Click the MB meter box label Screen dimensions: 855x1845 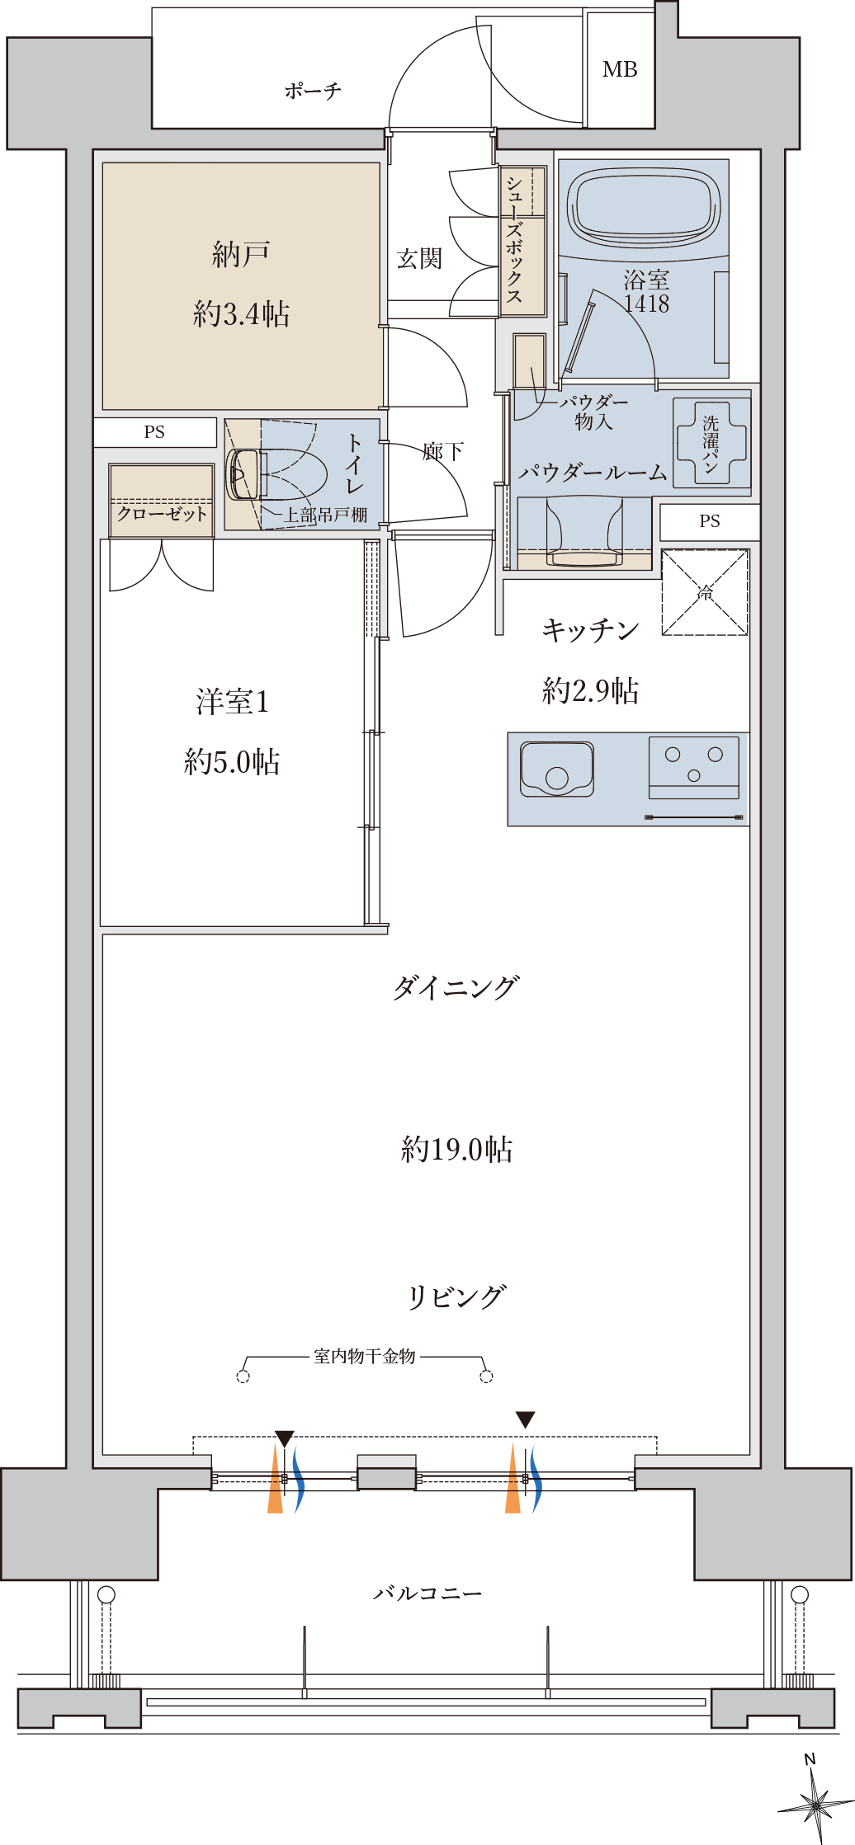coord(620,70)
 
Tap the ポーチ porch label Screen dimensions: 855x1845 coord(313,91)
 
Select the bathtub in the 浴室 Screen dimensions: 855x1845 coord(644,208)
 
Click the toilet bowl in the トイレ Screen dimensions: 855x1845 coord(268,474)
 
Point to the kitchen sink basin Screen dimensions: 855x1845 coord(557,769)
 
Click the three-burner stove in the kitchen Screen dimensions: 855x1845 coord(694,768)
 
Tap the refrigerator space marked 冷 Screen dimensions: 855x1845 coord(705,592)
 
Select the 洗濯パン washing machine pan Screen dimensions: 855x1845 coord(711,444)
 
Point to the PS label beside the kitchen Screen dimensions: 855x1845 coord(710,521)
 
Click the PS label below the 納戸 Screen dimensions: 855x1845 coord(154,432)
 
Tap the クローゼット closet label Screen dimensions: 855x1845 coord(162,514)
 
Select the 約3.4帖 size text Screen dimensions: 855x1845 coord(241,313)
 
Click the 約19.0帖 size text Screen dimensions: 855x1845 coord(457,1149)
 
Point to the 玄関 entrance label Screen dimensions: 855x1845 coord(419,259)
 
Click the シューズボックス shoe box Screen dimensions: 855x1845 coord(523,241)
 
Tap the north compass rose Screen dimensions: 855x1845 coord(815,1803)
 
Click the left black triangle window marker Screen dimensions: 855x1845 coord(284,1438)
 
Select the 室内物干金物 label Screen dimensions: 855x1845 coord(364,1357)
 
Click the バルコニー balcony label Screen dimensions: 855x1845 coord(427,1593)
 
